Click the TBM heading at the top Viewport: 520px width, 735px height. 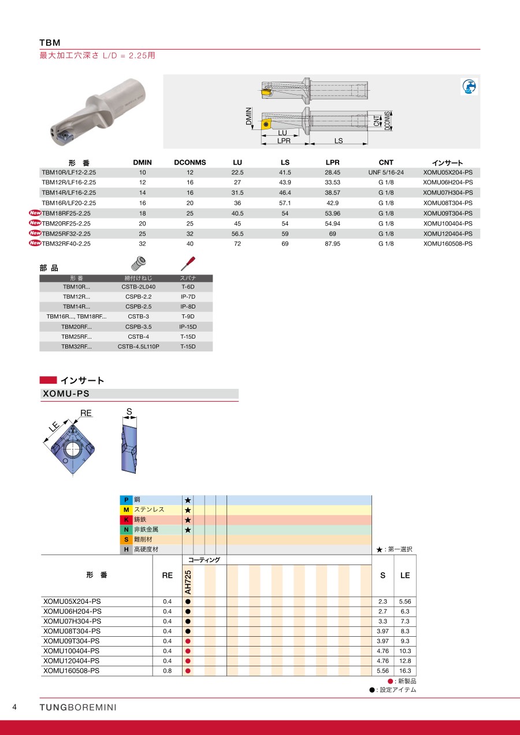click(x=50, y=43)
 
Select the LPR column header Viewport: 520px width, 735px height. click(x=332, y=162)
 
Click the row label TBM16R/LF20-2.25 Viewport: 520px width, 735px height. click(x=69, y=203)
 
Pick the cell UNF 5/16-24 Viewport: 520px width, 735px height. click(x=385, y=172)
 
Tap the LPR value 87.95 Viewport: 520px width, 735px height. click(x=332, y=244)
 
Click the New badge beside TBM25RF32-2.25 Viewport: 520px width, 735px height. click(x=35, y=233)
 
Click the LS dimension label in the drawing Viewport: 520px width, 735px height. click(x=339, y=140)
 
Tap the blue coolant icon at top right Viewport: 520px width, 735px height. click(x=469, y=87)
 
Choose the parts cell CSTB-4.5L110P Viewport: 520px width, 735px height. click(x=138, y=347)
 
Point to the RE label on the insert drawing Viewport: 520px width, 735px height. click(x=86, y=413)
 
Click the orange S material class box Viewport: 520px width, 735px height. click(x=126, y=539)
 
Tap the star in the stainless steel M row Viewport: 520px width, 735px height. click(x=188, y=510)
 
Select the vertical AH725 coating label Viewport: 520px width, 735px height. click(x=188, y=581)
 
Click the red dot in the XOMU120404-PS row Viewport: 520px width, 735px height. click(x=188, y=660)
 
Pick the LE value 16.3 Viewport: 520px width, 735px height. click(x=405, y=671)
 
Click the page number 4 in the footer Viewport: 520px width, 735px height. click(x=15, y=707)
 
